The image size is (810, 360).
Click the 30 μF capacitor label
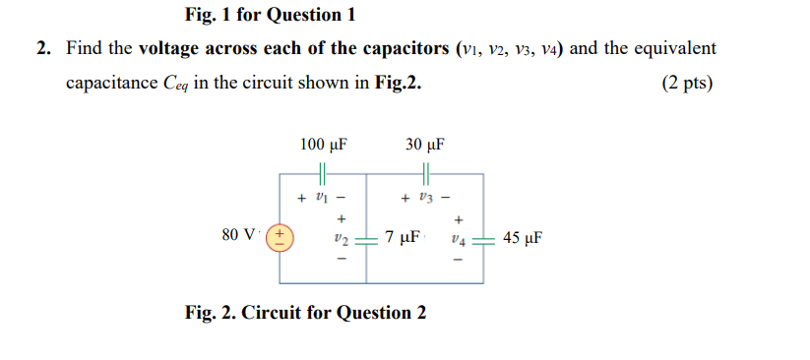[x=424, y=146]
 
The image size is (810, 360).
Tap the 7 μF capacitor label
[x=404, y=237]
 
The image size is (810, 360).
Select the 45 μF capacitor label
[x=523, y=237]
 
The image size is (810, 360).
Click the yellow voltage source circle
[x=280, y=237]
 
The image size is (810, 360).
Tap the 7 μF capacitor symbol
[x=366, y=239]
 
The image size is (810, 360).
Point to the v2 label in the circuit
[x=341, y=239]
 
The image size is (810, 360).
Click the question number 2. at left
[x=44, y=48]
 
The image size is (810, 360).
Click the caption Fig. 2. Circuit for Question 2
[x=305, y=313]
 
